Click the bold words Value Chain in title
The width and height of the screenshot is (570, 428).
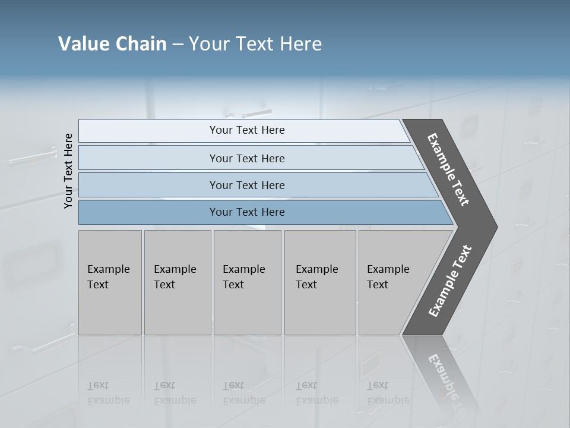112,44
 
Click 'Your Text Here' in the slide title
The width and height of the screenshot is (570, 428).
255,44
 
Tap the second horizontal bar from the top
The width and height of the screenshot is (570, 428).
246,158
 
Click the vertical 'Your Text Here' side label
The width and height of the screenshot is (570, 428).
68,171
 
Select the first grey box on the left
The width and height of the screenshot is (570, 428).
110,282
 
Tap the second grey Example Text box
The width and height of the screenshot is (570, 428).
178,282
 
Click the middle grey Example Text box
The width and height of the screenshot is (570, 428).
247,282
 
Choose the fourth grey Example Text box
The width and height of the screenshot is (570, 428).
320,282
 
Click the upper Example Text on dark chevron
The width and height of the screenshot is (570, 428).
448,169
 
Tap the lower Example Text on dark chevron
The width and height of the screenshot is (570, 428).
449,281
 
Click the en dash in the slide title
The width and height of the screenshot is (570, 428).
178,45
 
